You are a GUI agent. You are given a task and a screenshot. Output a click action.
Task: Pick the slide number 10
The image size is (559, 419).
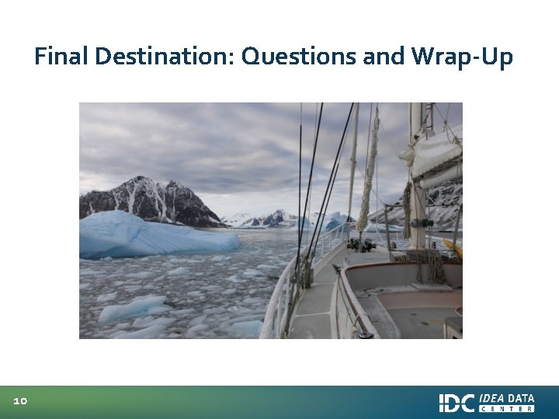pos(20,401)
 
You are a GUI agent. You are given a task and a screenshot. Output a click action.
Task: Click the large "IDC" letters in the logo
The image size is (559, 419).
pos(457,403)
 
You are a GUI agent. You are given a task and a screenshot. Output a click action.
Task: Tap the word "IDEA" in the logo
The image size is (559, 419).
pos(493,398)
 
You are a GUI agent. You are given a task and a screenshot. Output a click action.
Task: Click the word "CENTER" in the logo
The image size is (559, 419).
pos(507,409)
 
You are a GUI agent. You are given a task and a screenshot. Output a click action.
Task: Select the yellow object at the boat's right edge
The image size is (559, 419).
pos(453,248)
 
